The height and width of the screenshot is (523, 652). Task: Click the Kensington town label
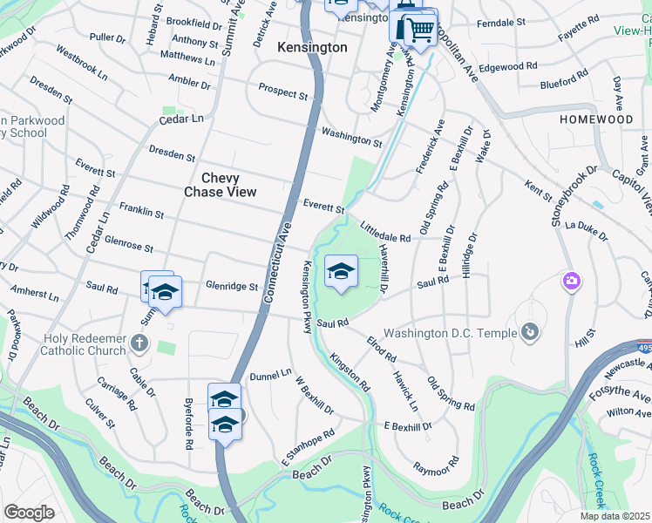pyautogui.click(x=312, y=47)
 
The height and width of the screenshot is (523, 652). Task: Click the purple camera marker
pyautogui.click(x=573, y=282)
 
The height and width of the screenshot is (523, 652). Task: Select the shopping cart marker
pyautogui.click(x=420, y=30)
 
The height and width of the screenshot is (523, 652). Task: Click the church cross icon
pyautogui.click(x=139, y=343)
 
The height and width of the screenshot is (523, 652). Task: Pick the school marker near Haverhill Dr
pyautogui.click(x=341, y=272)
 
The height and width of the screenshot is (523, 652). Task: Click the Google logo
pyautogui.click(x=29, y=513)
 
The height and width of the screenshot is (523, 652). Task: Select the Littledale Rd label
pyautogui.click(x=384, y=232)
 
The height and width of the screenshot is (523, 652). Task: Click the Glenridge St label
pyautogui.click(x=232, y=286)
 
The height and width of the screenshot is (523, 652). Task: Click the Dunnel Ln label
pyautogui.click(x=270, y=375)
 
